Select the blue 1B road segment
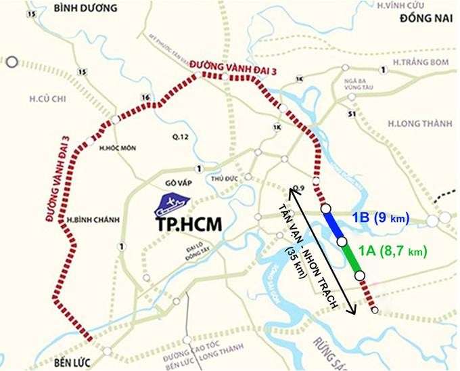pos(334,225)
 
